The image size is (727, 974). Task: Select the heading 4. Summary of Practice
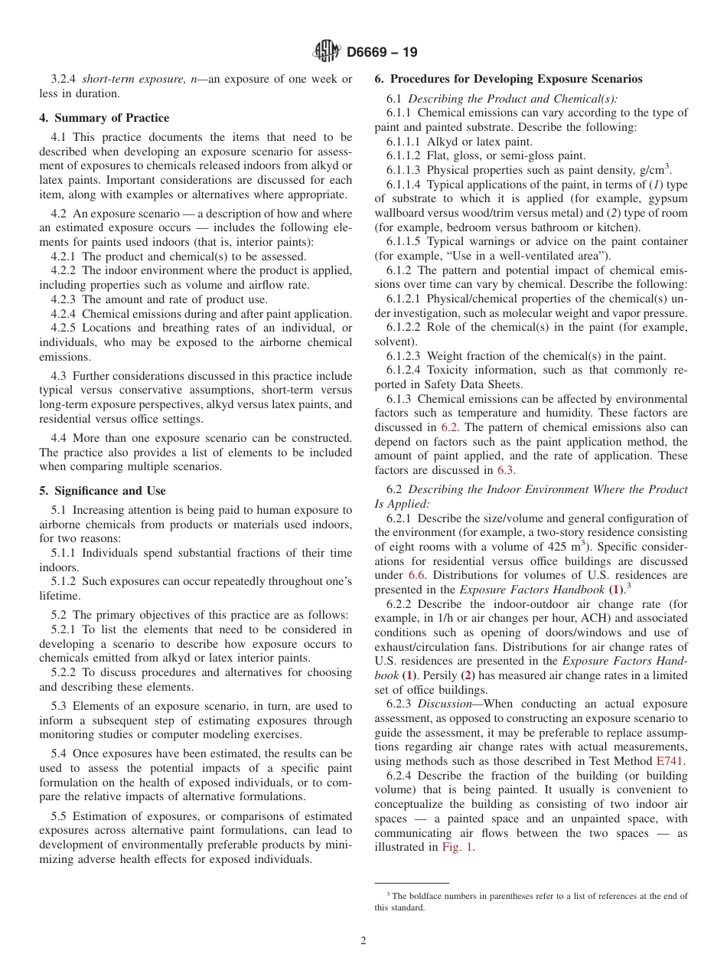coord(104,118)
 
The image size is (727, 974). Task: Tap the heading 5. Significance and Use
coord(103,491)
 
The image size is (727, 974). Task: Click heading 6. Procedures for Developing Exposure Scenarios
coord(508,79)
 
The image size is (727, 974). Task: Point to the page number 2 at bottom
coord(363,941)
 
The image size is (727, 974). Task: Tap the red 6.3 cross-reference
coord(505,470)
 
